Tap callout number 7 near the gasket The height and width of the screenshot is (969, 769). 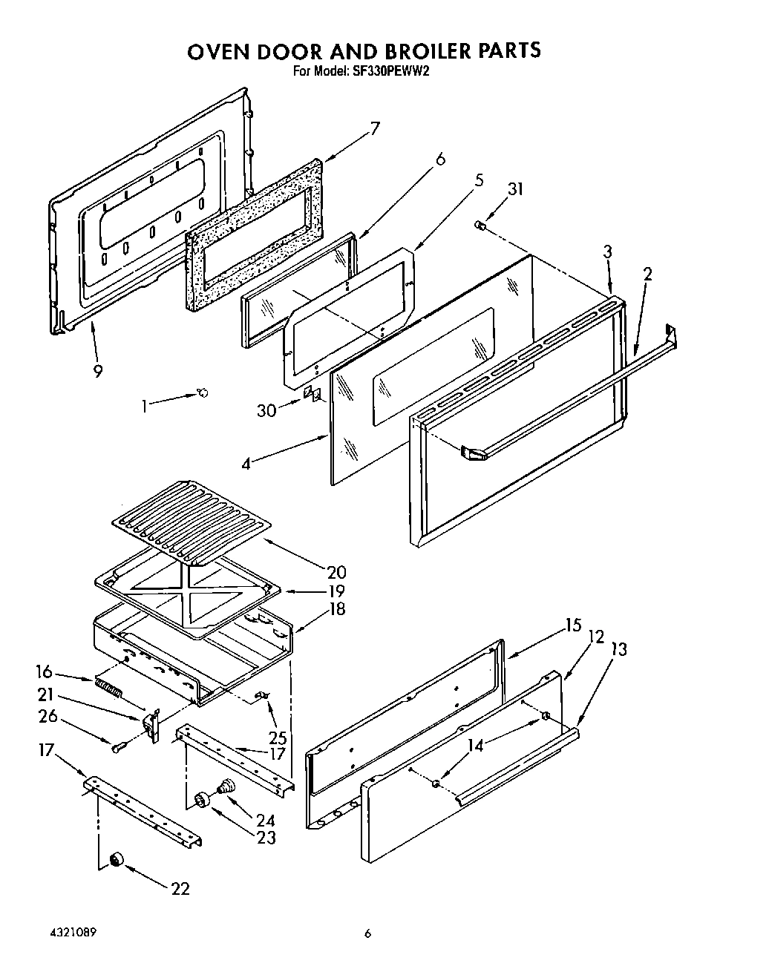point(374,128)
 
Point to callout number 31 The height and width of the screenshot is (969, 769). point(514,189)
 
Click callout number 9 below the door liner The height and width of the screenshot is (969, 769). point(97,372)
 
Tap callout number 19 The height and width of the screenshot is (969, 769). point(336,591)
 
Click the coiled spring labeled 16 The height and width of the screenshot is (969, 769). point(108,688)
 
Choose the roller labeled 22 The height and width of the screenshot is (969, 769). point(116,859)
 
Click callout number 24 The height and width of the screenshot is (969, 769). point(265,820)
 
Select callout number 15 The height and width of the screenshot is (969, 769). point(572,625)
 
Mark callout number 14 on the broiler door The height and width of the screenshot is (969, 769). point(475,745)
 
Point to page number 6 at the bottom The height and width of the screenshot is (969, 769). point(367,933)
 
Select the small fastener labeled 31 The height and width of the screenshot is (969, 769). point(480,224)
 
